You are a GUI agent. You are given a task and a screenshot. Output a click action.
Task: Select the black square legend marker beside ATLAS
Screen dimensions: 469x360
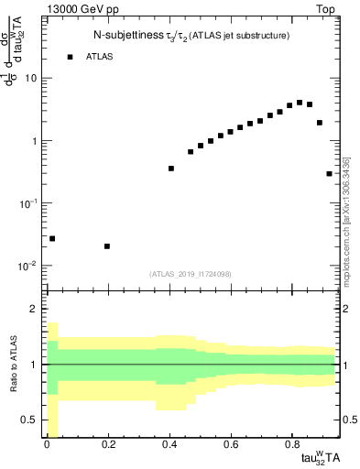tap(70, 57)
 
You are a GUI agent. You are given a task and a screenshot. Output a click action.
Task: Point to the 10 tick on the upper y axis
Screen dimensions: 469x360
tap(29, 78)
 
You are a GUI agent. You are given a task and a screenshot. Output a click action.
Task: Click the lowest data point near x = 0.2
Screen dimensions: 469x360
tap(108, 246)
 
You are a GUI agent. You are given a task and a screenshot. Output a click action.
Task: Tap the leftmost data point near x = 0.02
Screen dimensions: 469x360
tap(52, 238)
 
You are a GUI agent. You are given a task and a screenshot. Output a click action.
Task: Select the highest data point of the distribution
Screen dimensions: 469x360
tap(300, 103)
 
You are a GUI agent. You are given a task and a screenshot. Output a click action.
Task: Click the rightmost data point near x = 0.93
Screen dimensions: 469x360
tap(330, 173)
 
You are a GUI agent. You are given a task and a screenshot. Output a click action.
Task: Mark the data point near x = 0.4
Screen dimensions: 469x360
tap(171, 169)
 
